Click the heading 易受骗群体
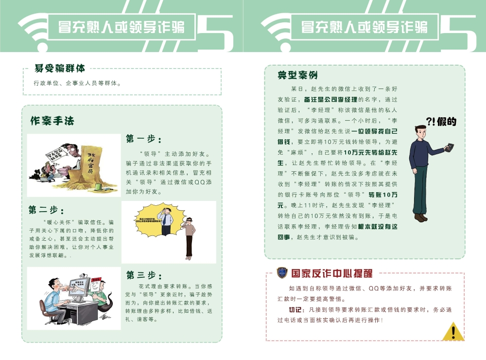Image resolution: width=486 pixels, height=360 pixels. [x=60, y=69]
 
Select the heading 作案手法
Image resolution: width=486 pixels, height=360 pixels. [x=52, y=121]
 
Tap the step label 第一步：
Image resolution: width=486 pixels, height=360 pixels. [x=144, y=139]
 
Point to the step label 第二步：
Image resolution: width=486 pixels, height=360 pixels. [x=46, y=210]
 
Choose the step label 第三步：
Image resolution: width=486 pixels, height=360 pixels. [x=144, y=275]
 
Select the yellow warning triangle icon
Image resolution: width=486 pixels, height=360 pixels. [x=453, y=332]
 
